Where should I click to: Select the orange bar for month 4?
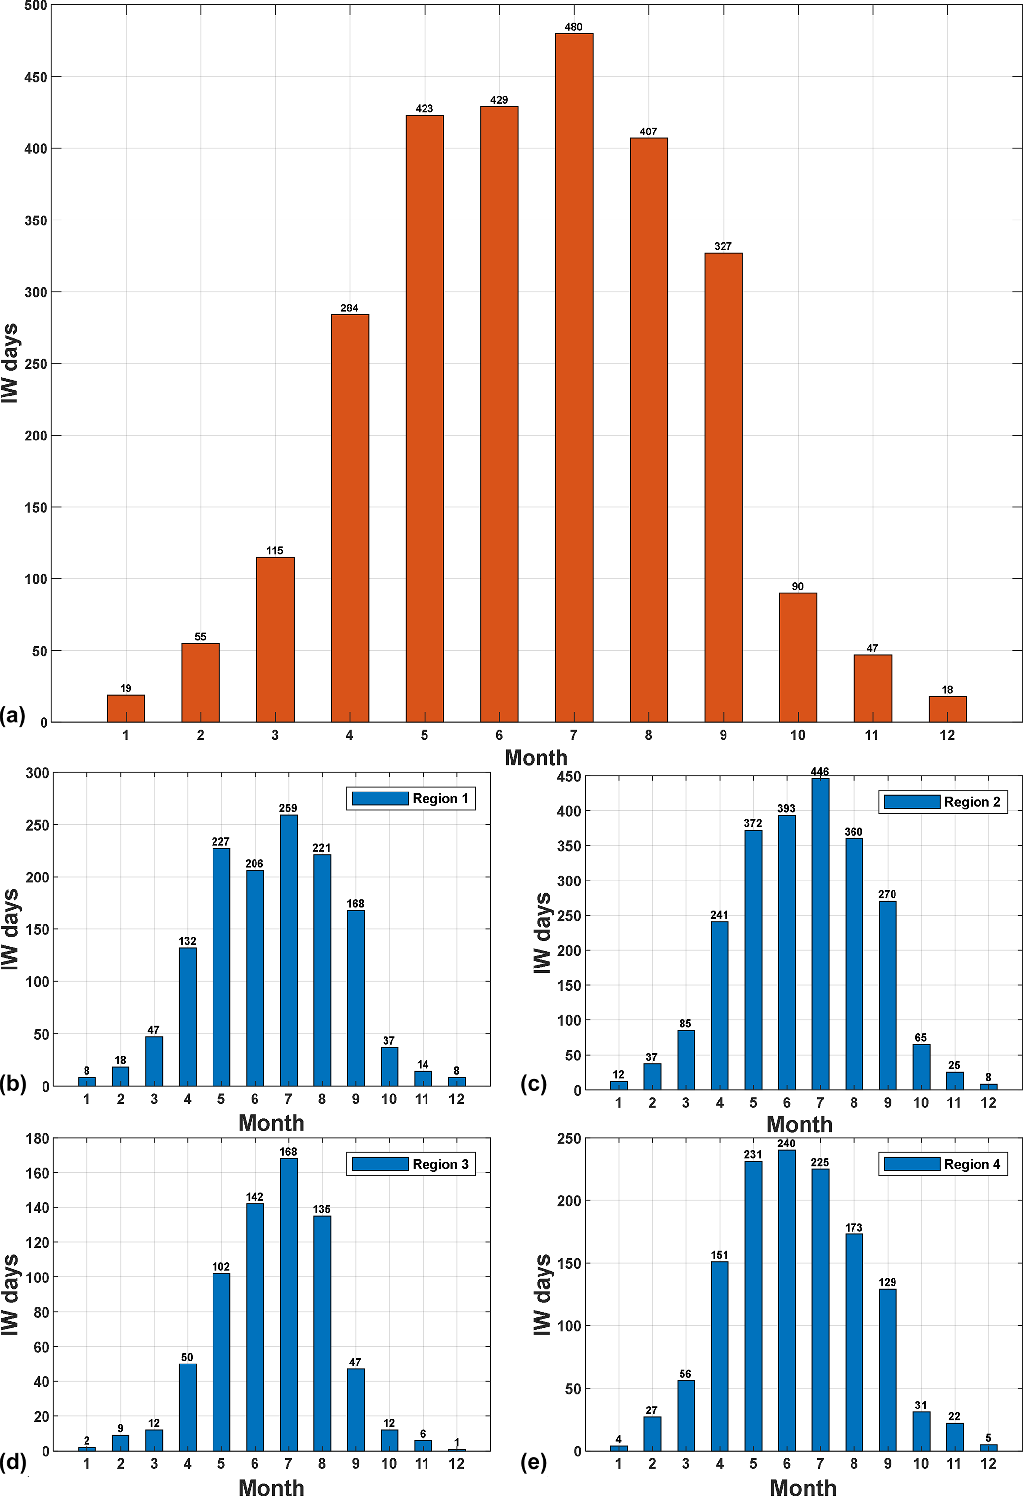349,518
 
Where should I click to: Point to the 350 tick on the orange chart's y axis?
36,220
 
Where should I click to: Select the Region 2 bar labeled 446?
820,934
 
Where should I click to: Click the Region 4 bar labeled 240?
786,1300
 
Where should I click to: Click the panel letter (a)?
13,715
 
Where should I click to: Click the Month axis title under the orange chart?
535,758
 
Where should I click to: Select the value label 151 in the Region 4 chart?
720,1255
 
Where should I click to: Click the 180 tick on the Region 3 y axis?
38,1138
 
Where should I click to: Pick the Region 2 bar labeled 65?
921,1067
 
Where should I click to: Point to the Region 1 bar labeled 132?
187,1017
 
